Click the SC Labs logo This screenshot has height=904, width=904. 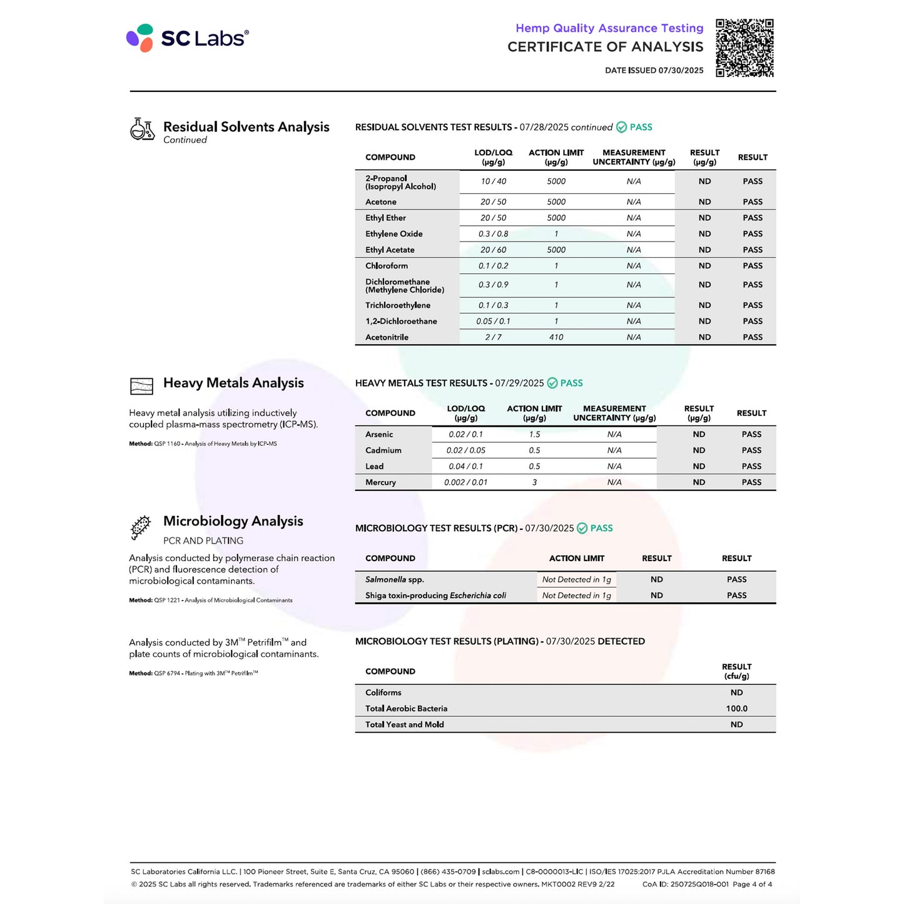(187, 38)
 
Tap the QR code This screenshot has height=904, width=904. (744, 48)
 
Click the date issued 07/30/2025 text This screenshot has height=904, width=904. (654, 71)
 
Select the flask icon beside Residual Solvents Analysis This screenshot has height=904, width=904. (142, 130)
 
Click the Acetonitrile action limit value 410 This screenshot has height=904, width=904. (556, 337)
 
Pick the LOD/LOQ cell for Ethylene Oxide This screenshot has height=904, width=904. (493, 234)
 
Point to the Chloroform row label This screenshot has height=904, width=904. (387, 266)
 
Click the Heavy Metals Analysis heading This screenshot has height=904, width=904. (233, 383)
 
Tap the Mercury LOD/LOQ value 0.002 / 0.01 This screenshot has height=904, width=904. (465, 482)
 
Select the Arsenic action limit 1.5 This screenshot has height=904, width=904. (534, 434)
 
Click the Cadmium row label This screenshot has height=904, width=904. (383, 450)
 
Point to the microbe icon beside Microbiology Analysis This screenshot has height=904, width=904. (141, 527)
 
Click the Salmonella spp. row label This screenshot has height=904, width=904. (395, 580)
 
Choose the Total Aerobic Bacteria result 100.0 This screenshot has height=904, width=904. (736, 709)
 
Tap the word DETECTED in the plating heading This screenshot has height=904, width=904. (621, 641)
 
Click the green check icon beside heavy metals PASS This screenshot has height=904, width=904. (552, 383)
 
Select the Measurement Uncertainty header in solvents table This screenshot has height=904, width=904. (634, 157)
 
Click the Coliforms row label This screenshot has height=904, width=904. (383, 693)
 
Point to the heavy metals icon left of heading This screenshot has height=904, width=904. (141, 386)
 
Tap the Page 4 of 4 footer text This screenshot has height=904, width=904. (752, 884)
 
